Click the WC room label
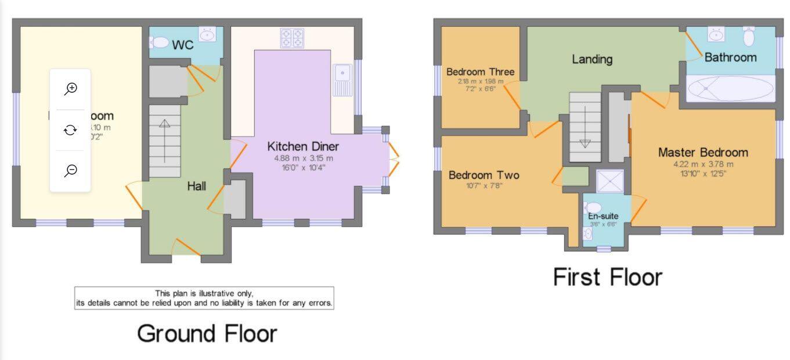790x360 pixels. (x=182, y=45)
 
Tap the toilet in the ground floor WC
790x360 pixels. (x=157, y=42)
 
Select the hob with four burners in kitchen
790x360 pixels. (x=292, y=38)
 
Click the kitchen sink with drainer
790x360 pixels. (x=342, y=80)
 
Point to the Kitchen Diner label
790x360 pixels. (x=302, y=146)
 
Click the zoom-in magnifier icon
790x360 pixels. (x=70, y=89)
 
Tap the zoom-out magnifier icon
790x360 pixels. (x=70, y=170)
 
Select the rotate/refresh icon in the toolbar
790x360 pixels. (x=70, y=130)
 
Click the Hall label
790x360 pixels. (x=196, y=186)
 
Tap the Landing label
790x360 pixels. (x=592, y=59)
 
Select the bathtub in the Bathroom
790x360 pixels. (x=730, y=89)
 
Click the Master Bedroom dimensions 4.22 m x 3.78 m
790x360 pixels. (x=703, y=164)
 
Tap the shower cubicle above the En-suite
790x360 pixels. (x=610, y=181)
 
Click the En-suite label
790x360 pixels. (x=603, y=216)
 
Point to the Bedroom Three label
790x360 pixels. (x=480, y=72)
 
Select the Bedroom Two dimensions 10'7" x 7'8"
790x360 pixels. (x=484, y=186)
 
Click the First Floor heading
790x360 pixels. (x=607, y=277)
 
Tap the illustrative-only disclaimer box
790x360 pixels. (x=204, y=298)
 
